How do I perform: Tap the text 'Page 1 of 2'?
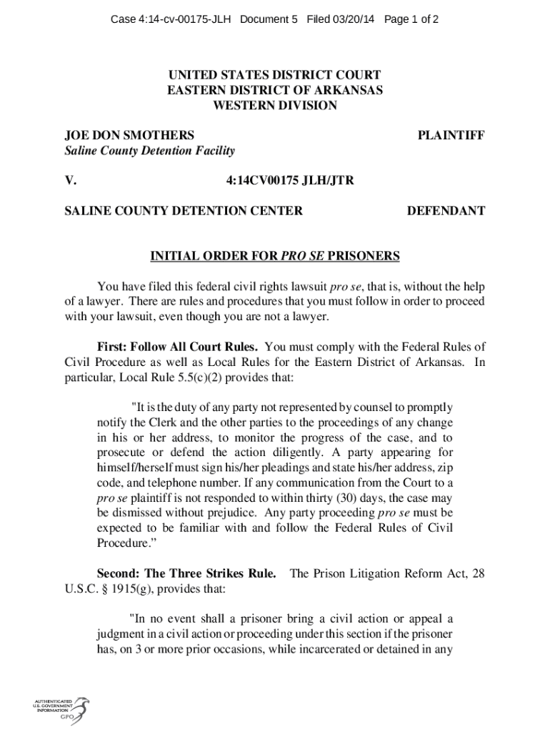click(411, 20)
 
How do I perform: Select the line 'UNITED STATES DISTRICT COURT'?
click(275, 75)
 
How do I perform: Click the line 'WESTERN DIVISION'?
click(275, 105)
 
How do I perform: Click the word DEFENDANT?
click(446, 211)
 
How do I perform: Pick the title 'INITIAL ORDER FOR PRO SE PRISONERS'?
click(275, 256)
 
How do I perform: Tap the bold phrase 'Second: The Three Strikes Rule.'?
click(186, 573)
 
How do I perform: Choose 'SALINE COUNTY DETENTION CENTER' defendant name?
click(184, 211)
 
